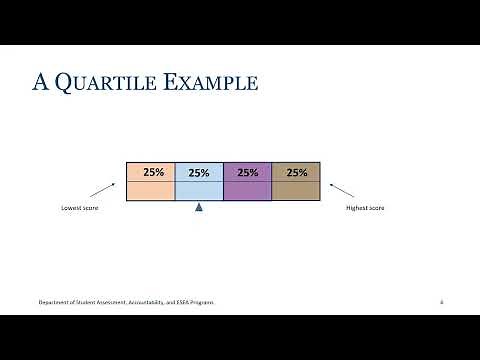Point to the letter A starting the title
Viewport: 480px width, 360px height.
click(x=41, y=83)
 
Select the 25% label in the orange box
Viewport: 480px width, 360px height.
click(x=153, y=172)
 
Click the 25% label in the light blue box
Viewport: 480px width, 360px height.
click(x=198, y=173)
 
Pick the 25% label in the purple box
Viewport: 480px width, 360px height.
click(x=247, y=172)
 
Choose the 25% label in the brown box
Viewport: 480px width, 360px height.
click(x=297, y=172)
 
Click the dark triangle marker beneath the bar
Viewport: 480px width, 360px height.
click(x=199, y=208)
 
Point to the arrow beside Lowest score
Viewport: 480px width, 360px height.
click(x=102, y=188)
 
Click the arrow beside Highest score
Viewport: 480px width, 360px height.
click(x=341, y=188)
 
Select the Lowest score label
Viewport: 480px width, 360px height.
click(x=77, y=208)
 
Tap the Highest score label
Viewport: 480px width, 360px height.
click(x=365, y=208)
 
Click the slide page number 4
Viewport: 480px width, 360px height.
click(x=441, y=301)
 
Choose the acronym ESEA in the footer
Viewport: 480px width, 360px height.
click(x=177, y=301)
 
